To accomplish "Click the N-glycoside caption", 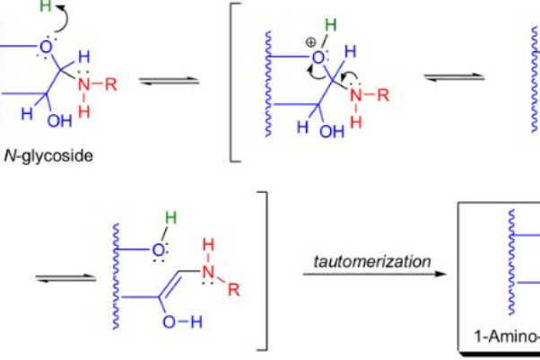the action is pos(48,156).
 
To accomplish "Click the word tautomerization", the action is pos(372,261).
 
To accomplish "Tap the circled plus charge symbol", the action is pos(310,43).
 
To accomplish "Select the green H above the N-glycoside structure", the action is pos(46,6).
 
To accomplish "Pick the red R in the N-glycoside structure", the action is pos(111,84).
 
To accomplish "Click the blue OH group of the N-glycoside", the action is pos(60,121).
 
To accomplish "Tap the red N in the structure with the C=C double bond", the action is pos(208,272).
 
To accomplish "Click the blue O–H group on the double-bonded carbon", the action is pos(182,322).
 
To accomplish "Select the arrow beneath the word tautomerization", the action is pos(374,274).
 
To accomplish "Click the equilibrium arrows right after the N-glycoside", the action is pos(169,81).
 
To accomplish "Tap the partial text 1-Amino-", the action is pos(507,336).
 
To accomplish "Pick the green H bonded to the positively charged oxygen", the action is pos(331,25).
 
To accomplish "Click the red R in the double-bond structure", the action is pos(234,290).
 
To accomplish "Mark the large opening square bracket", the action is pos(236,82).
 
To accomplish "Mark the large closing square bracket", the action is pos(263,271).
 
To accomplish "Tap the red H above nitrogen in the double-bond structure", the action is pos(208,244).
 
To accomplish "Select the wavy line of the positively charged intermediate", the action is pos(268,83).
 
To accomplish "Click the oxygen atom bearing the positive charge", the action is pos(318,57).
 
